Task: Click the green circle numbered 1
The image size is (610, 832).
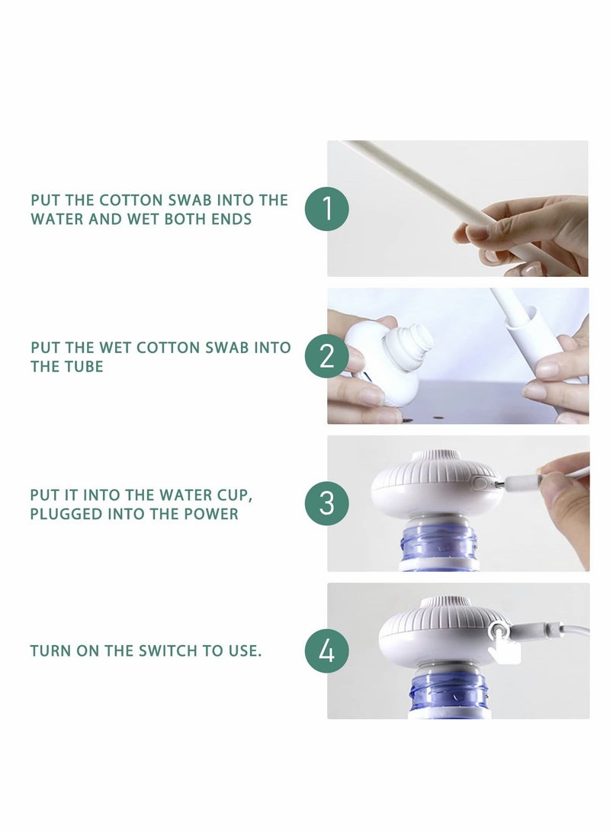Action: [x=327, y=208]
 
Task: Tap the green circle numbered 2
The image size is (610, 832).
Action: [x=327, y=356]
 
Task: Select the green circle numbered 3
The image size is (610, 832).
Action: [x=327, y=503]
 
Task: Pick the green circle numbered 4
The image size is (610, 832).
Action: [x=327, y=651]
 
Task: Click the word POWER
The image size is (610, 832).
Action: [x=210, y=513]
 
